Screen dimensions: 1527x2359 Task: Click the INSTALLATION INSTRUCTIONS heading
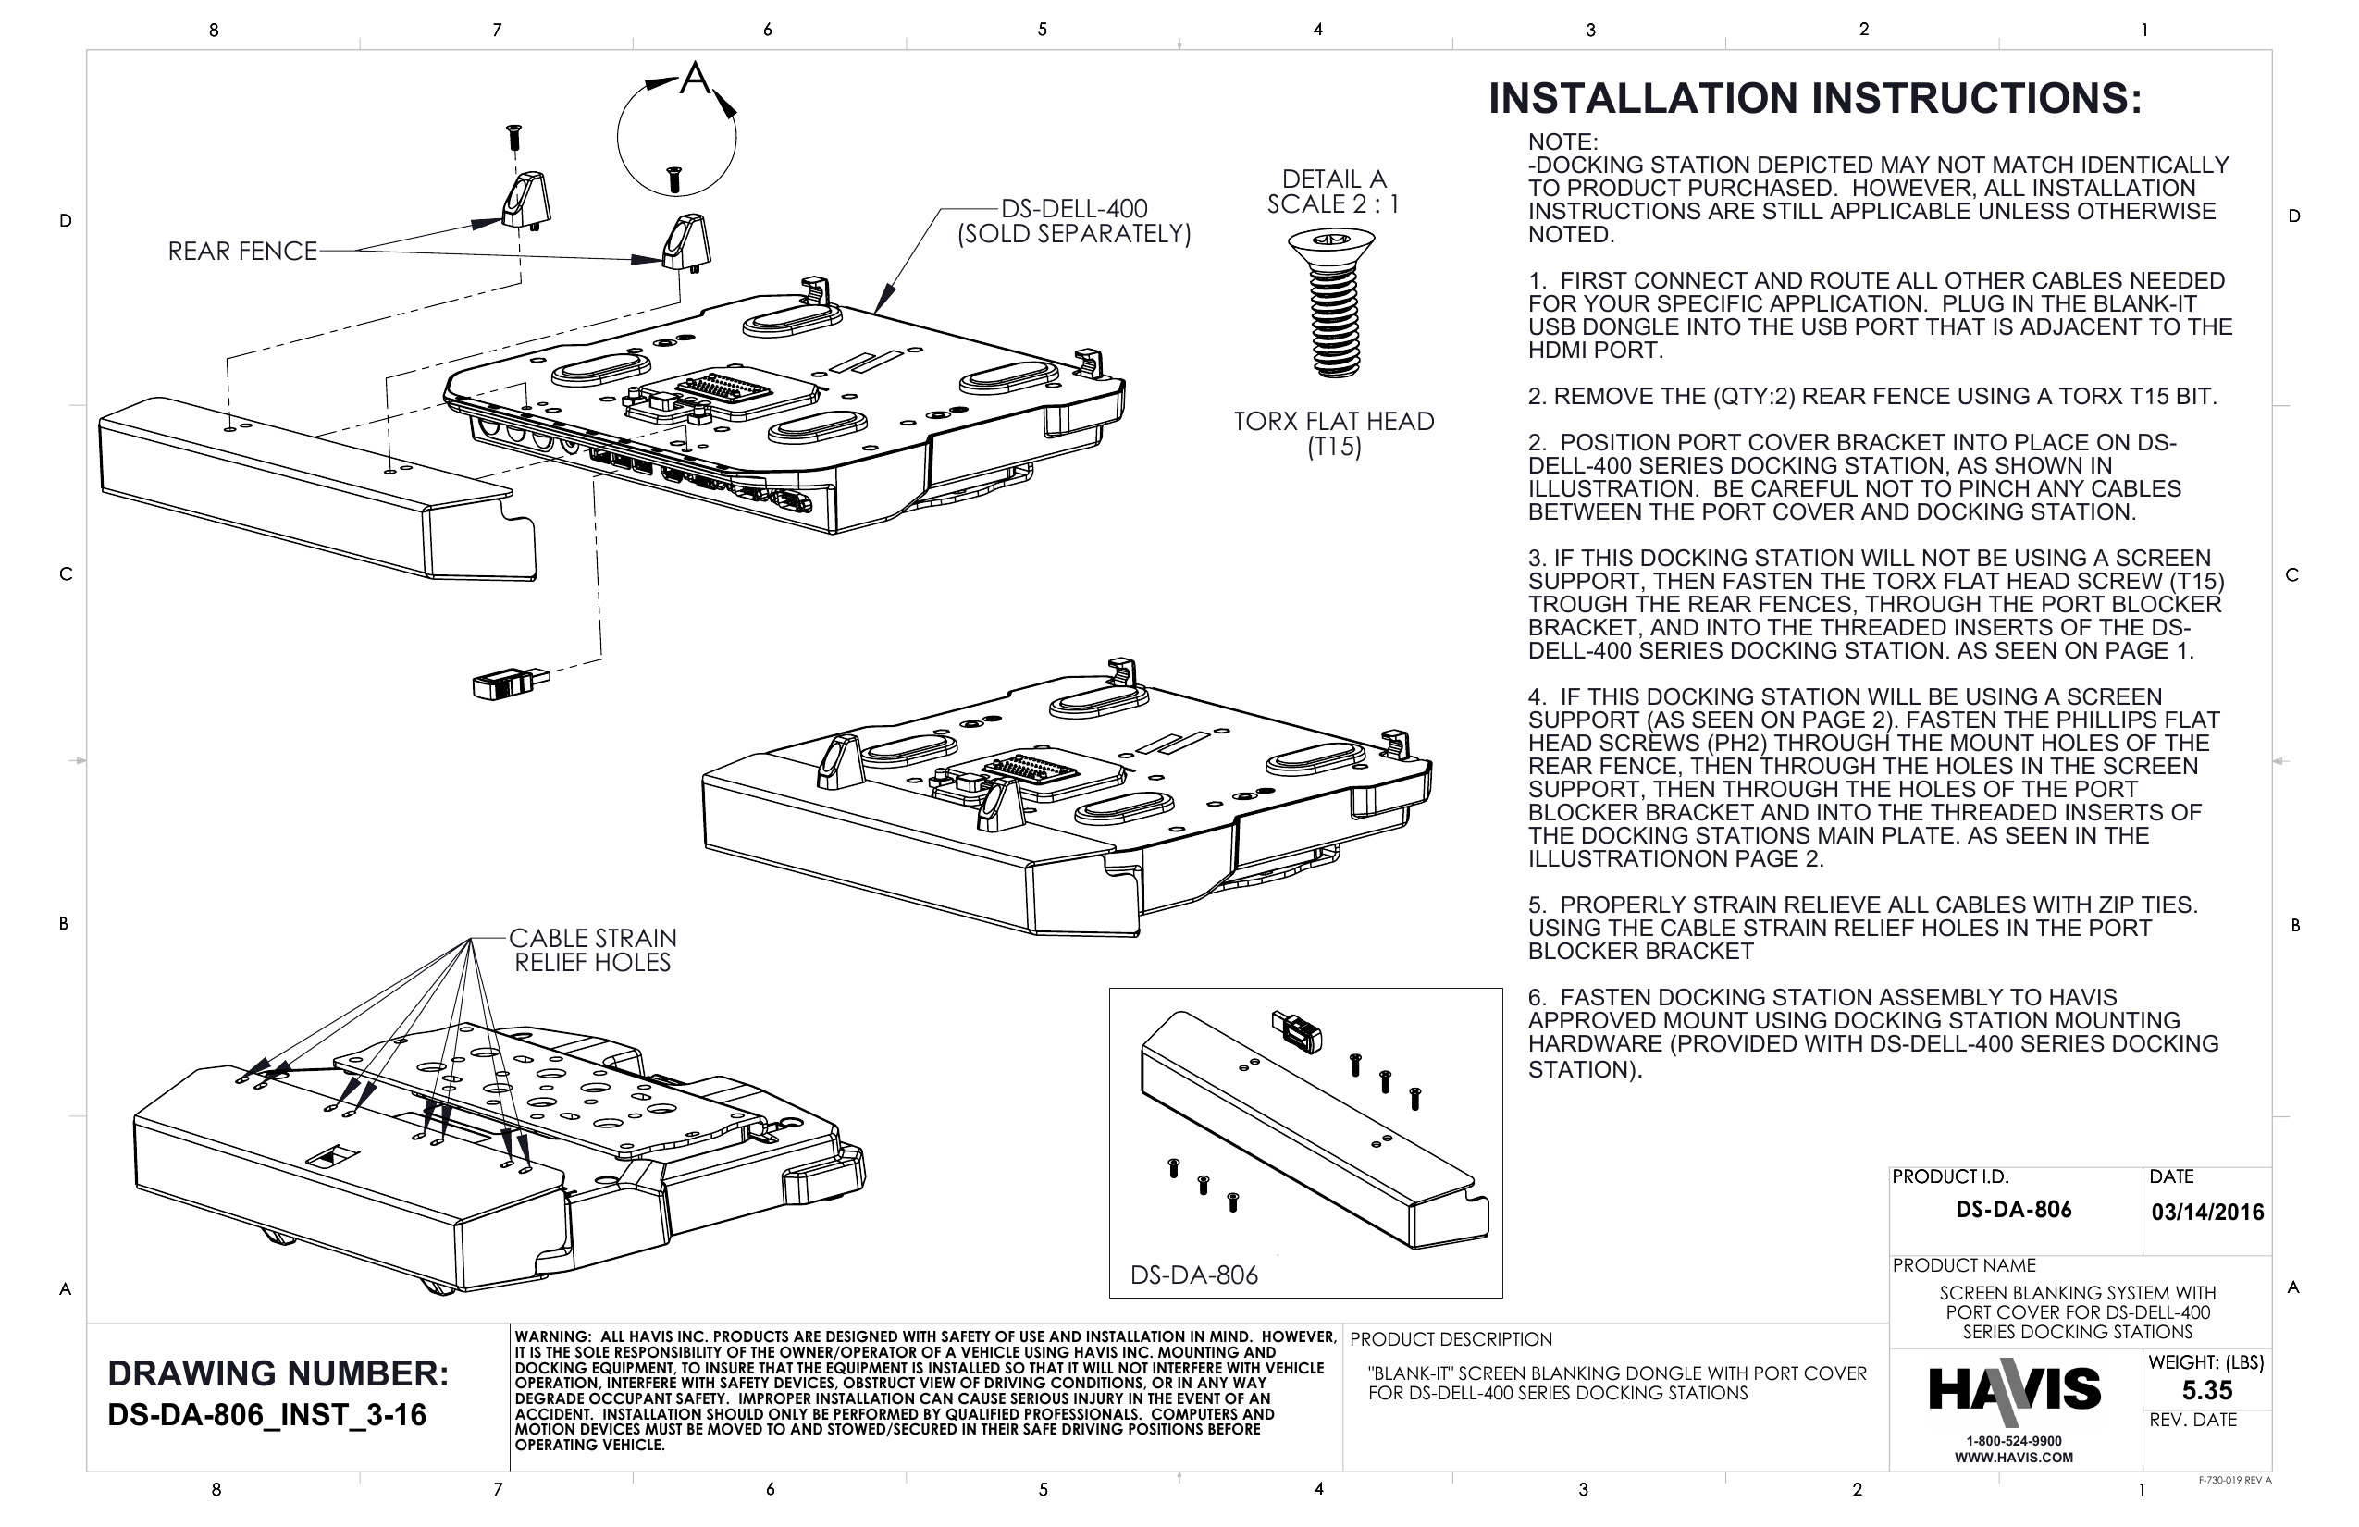pyautogui.click(x=1814, y=99)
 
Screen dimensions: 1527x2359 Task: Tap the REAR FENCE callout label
pyautogui.click(x=241, y=251)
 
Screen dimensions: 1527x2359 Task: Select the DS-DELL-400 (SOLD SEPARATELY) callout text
pyautogui.click(x=1073, y=221)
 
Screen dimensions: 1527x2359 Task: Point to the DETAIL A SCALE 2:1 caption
pyautogui.click(x=1333, y=191)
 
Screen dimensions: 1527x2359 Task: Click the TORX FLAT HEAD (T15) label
pyautogui.click(x=1333, y=434)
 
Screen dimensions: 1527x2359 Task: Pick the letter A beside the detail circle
pyautogui.click(x=695, y=79)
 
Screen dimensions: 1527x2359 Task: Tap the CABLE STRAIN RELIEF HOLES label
pyautogui.click(x=592, y=949)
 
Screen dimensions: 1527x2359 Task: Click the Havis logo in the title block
pyautogui.click(x=2013, y=1389)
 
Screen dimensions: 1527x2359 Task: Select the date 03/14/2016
pyautogui.click(x=2206, y=1212)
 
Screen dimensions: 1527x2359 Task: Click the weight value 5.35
pyautogui.click(x=2206, y=1389)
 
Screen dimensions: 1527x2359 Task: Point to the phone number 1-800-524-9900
pyautogui.click(x=2013, y=1441)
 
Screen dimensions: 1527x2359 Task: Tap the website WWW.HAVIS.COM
pyautogui.click(x=2013, y=1458)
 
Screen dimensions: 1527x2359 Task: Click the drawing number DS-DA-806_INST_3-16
pyautogui.click(x=266, y=1415)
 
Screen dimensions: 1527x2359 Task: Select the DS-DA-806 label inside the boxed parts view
pyautogui.click(x=1193, y=1275)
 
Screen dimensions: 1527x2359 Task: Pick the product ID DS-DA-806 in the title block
pyautogui.click(x=2013, y=1209)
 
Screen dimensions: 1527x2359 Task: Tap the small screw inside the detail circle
pyautogui.click(x=674, y=179)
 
